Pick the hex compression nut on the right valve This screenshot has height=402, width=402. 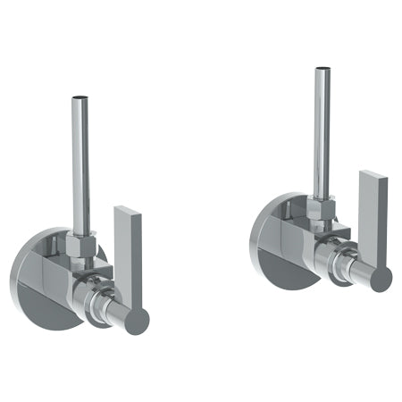pyautogui.click(x=321, y=211)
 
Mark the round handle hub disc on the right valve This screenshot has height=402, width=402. pyautogui.click(x=380, y=278)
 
